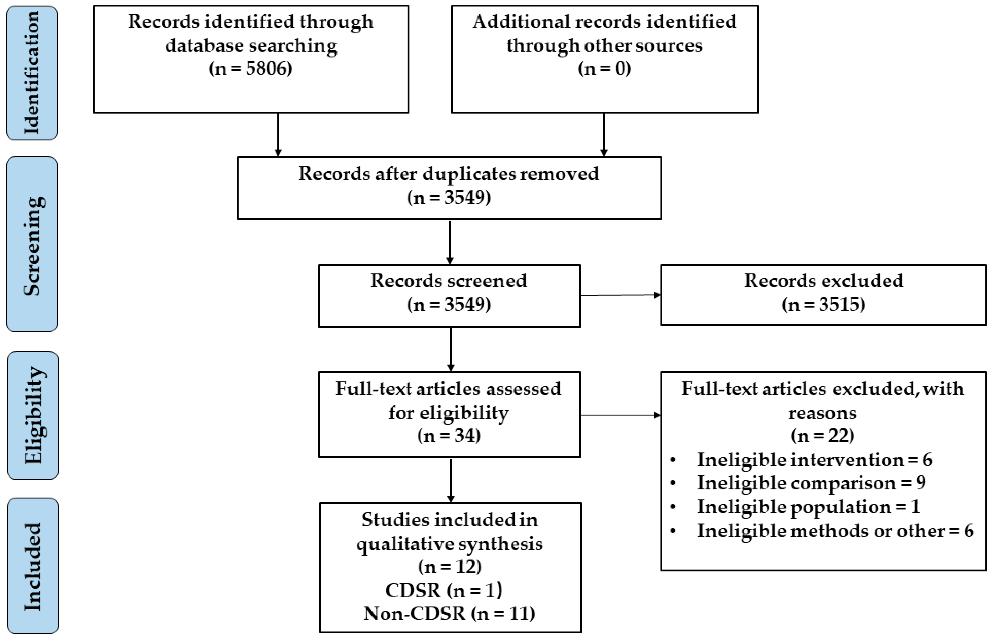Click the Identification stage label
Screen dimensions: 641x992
32,73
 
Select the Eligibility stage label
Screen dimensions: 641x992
32,416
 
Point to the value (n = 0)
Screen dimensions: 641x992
604,68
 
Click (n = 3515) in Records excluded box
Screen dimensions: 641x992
823,305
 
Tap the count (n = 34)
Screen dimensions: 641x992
449,436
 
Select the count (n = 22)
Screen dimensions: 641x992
823,436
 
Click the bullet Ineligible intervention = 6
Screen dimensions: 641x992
814,460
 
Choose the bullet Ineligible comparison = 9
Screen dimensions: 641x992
811,483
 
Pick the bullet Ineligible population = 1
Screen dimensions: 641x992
808,507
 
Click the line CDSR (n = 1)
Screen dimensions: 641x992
444,590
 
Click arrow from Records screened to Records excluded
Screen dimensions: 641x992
620,295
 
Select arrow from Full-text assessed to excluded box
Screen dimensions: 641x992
620,415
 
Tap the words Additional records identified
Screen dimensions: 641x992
604,22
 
